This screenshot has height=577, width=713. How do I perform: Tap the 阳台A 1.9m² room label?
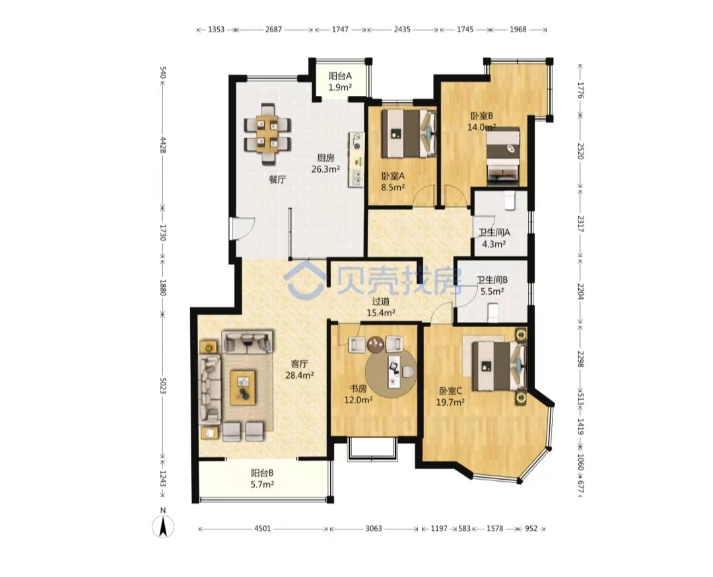click(340, 81)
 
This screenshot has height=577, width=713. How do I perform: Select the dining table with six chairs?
click(267, 134)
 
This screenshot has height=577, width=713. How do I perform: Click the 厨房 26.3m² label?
click(325, 163)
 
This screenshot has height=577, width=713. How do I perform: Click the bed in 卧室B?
click(503, 157)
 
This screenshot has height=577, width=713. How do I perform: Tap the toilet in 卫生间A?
click(509, 200)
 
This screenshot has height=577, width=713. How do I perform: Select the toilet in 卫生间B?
click(492, 312)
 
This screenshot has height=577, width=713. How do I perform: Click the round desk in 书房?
click(391, 373)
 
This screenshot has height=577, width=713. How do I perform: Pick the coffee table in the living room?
click(242, 387)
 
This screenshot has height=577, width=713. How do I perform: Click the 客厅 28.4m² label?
click(299, 369)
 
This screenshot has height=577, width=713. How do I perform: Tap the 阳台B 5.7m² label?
click(262, 479)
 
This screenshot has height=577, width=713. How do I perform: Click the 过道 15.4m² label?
click(381, 307)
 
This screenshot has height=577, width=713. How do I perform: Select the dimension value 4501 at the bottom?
click(262, 529)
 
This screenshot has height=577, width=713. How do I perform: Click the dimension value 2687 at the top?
click(273, 30)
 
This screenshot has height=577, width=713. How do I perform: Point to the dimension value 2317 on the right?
click(580, 224)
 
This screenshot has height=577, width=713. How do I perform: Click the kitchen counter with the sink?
click(356, 159)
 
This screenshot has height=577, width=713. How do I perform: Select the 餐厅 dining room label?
click(277, 179)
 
